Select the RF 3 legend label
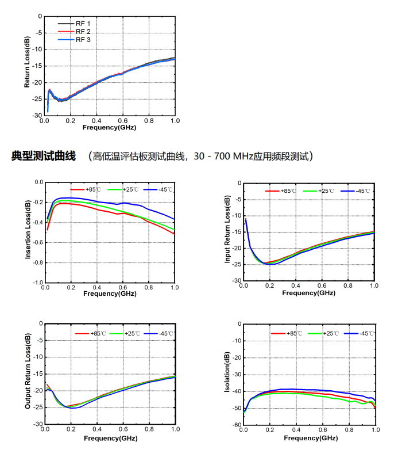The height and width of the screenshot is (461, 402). [83, 40]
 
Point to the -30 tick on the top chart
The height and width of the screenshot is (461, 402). [36, 116]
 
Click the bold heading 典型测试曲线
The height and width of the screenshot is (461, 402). [44, 156]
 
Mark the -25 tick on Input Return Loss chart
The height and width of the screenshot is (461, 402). [235, 264]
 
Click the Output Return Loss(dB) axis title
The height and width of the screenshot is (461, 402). [27, 372]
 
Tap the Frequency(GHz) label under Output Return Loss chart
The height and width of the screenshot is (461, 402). [109, 437]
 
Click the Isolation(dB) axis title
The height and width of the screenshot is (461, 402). [227, 374]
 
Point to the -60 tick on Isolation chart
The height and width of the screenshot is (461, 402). [235, 425]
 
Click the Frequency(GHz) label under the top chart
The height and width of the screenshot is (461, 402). [109, 127]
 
